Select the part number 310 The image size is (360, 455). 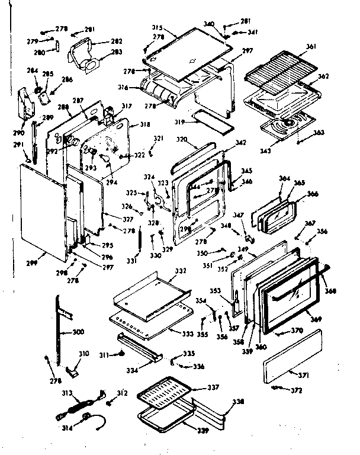coord(83,354)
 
